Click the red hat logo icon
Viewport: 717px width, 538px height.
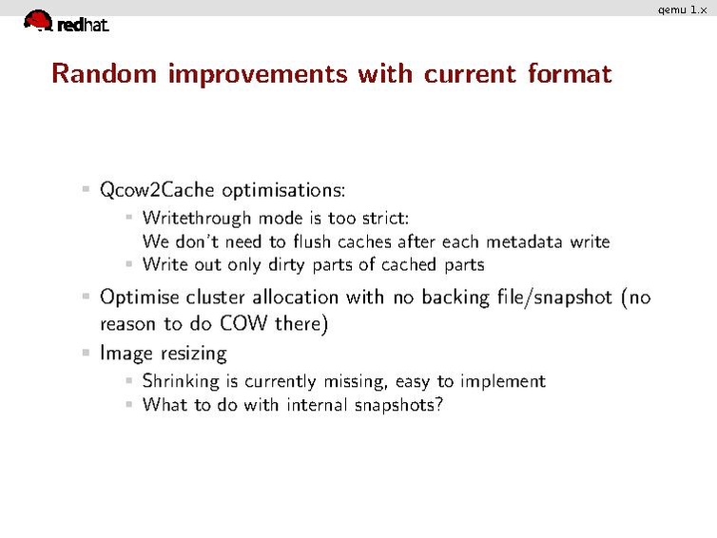coord(38,20)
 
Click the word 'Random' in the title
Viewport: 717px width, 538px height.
coord(106,73)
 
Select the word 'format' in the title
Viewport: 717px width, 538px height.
coord(569,73)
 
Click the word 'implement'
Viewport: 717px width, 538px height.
coord(503,381)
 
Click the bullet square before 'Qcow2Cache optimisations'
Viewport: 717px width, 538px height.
coord(87,189)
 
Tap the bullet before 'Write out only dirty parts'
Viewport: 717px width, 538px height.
coord(130,264)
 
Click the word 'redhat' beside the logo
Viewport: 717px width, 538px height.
coord(83,26)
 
